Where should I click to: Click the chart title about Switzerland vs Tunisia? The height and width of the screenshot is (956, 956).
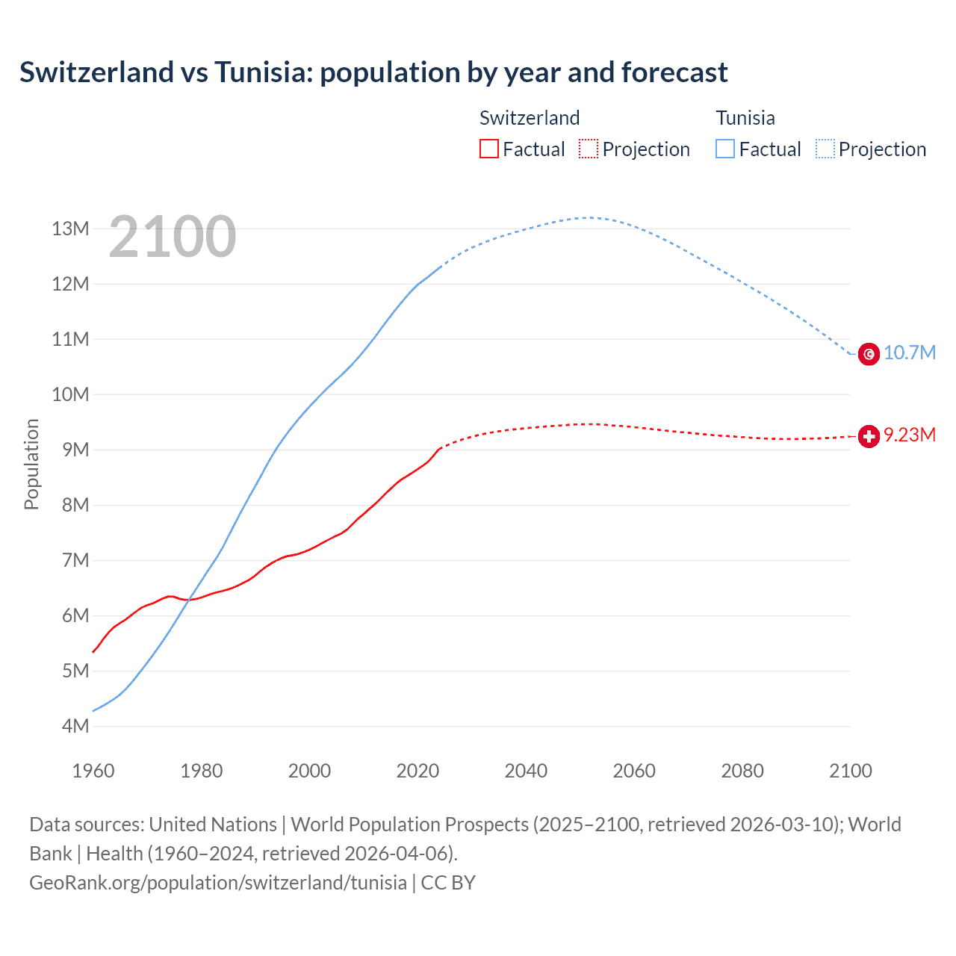click(373, 72)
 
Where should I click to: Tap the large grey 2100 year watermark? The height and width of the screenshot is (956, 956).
click(173, 237)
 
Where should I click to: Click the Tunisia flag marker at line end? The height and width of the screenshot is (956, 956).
click(869, 354)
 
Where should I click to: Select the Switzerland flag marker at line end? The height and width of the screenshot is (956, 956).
click(869, 436)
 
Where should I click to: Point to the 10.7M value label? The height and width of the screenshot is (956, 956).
click(910, 353)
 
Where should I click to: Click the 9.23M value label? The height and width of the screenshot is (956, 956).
click(910, 435)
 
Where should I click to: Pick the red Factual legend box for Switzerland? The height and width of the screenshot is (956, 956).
click(488, 149)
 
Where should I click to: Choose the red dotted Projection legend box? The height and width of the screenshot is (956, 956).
click(589, 149)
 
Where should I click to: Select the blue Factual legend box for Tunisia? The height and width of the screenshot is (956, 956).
click(724, 149)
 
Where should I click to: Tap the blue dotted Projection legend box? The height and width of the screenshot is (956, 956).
click(825, 149)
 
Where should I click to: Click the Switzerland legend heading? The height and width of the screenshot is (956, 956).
click(530, 118)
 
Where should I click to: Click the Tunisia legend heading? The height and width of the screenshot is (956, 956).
click(745, 118)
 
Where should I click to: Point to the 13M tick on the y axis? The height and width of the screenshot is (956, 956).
click(70, 229)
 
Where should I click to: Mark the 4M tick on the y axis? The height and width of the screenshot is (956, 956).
click(75, 726)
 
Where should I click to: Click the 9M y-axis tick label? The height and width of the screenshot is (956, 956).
click(75, 450)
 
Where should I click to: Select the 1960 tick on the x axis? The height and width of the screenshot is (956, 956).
click(93, 771)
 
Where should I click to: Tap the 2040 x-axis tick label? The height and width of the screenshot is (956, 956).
click(526, 771)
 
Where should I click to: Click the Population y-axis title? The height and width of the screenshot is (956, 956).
click(31, 464)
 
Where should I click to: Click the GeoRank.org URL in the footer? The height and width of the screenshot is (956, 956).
click(218, 883)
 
